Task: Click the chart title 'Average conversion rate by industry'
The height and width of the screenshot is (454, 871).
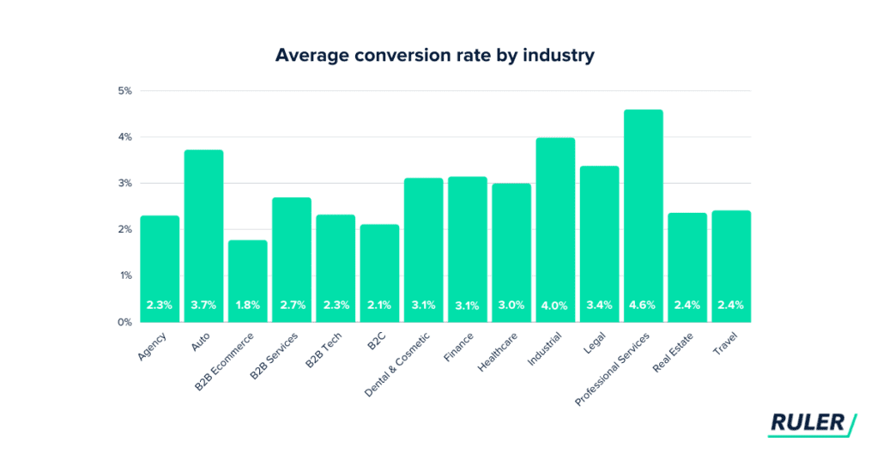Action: pos(435,56)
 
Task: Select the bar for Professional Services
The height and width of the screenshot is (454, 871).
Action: pos(643,215)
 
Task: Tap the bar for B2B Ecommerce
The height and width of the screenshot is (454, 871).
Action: pos(247,275)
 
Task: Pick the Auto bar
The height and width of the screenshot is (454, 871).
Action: pos(203,232)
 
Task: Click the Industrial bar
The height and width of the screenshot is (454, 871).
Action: pos(555,223)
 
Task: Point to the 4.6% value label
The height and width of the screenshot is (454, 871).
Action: pos(643,305)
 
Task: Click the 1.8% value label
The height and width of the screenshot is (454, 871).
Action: pos(247,305)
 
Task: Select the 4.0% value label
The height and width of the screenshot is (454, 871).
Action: pos(555,305)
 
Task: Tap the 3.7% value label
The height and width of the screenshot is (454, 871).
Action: pos(203,305)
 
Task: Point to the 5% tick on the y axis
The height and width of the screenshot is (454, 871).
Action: pos(124,91)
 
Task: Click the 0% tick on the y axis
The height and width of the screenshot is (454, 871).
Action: pos(124,322)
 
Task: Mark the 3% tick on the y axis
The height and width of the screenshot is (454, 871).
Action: pos(124,184)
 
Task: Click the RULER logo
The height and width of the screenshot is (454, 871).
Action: pos(811,422)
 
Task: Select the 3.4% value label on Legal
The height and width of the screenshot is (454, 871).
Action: pos(599,305)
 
